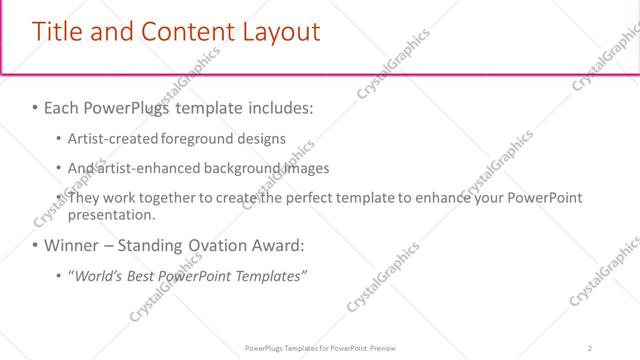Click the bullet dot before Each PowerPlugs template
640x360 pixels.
coord(36,107)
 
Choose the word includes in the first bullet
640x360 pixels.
coord(280,107)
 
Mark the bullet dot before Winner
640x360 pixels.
coord(36,245)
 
